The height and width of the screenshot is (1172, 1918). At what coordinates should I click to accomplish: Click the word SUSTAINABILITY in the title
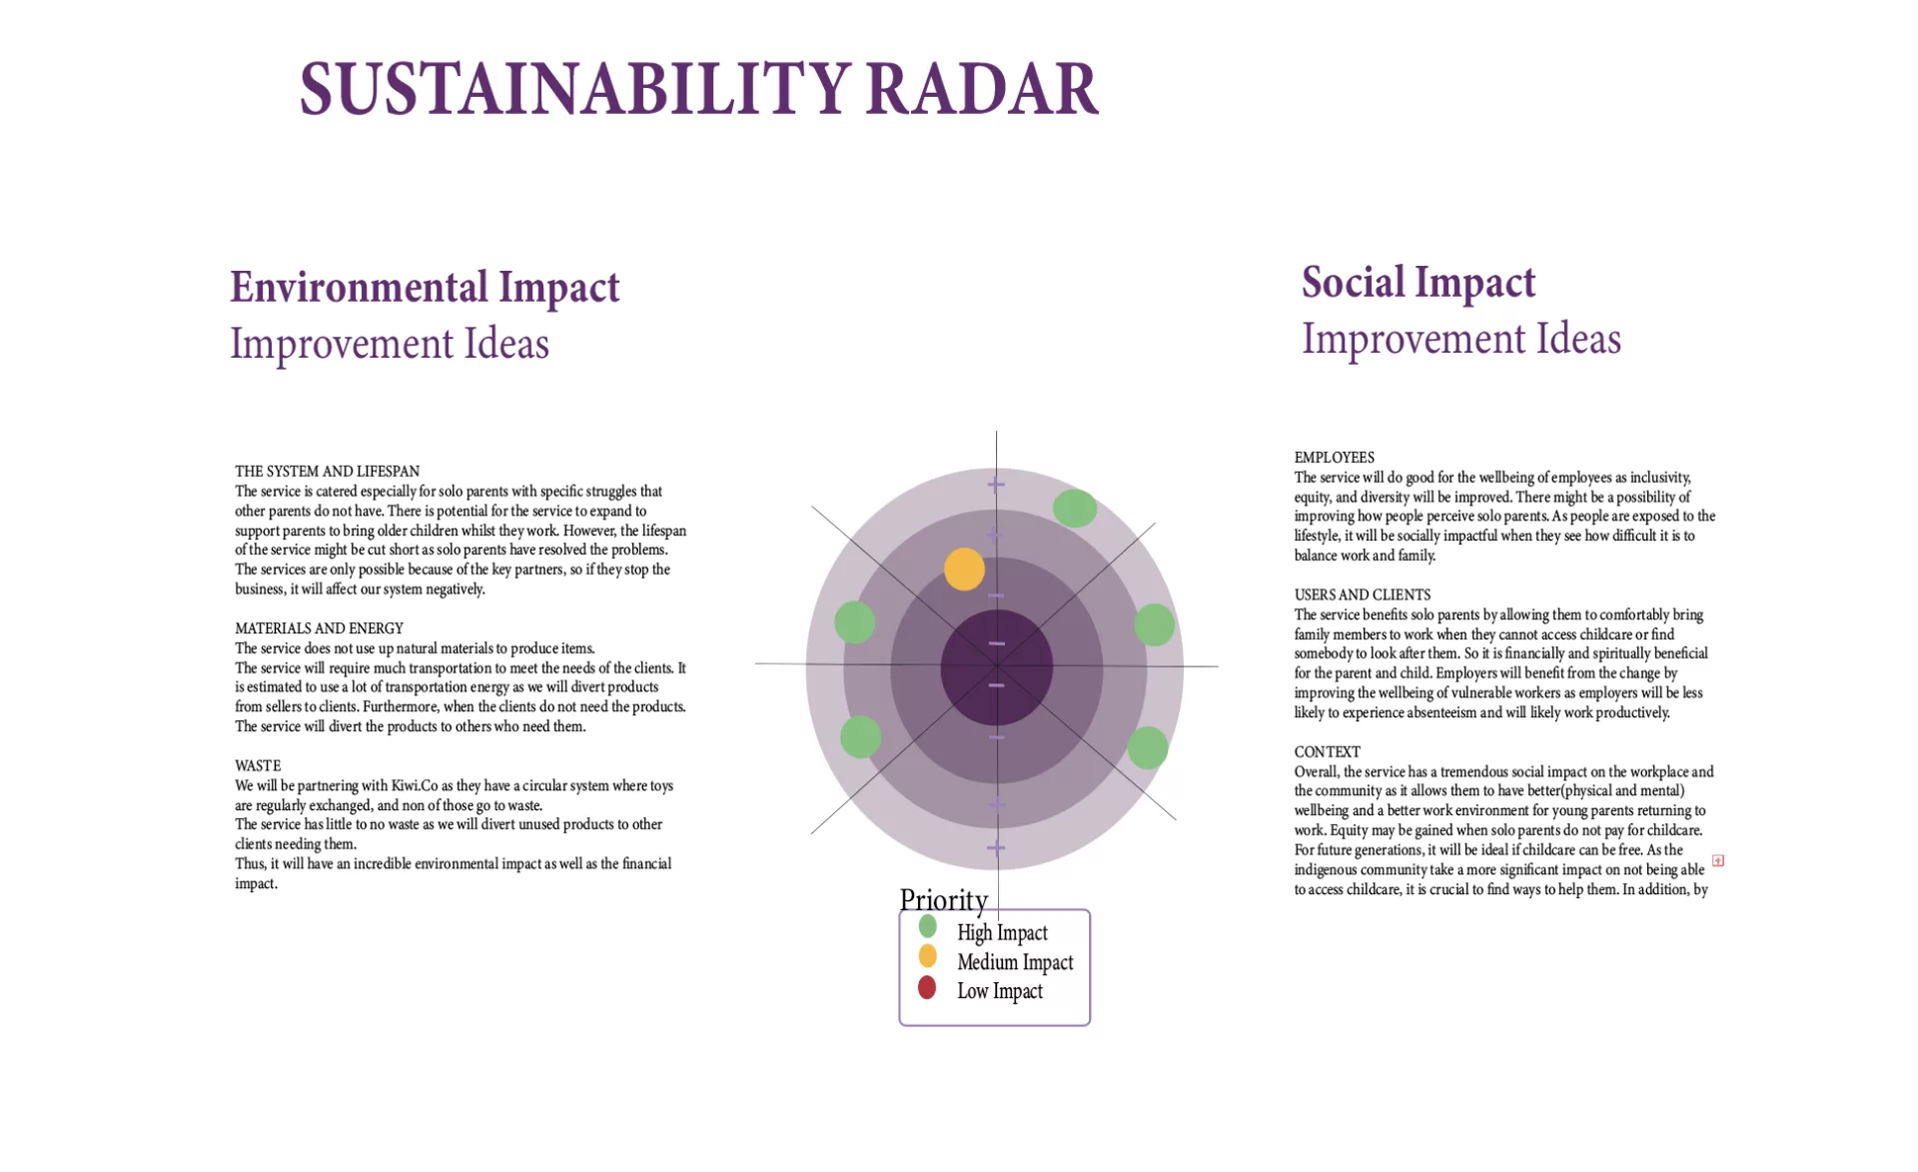click(x=575, y=89)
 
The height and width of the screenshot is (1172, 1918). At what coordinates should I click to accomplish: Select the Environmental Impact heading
click(x=425, y=288)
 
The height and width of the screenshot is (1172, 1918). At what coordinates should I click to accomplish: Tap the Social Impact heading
click(x=1418, y=283)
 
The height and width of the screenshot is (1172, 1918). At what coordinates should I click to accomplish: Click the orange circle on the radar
click(x=964, y=570)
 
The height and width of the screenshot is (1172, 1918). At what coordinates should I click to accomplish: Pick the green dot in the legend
click(x=927, y=927)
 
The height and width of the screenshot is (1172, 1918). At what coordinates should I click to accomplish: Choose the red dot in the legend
click(x=927, y=988)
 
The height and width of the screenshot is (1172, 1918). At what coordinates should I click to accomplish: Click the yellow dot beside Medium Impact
click(x=927, y=957)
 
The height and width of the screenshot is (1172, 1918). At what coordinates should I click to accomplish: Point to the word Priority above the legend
click(x=943, y=899)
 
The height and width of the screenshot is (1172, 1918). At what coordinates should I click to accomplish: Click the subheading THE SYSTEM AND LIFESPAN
click(x=327, y=472)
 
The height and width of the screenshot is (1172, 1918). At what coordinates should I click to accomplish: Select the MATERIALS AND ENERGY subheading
click(x=319, y=628)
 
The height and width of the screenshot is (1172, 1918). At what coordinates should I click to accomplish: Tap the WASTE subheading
click(x=258, y=766)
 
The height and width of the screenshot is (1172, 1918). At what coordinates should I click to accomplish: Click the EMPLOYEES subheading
click(x=1334, y=458)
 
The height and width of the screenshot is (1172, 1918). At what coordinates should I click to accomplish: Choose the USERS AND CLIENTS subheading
click(x=1362, y=594)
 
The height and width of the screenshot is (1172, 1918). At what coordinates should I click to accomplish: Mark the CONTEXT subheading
click(x=1327, y=752)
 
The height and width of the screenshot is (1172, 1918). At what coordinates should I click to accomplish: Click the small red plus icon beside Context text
click(x=1717, y=860)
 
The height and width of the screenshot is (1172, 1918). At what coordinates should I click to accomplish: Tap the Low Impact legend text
click(x=999, y=991)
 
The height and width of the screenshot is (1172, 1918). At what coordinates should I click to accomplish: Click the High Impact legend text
click(x=1002, y=933)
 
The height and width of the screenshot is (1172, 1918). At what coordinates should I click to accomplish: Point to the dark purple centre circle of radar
click(x=996, y=666)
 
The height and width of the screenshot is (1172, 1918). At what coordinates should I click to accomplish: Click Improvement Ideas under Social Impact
click(x=1460, y=339)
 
